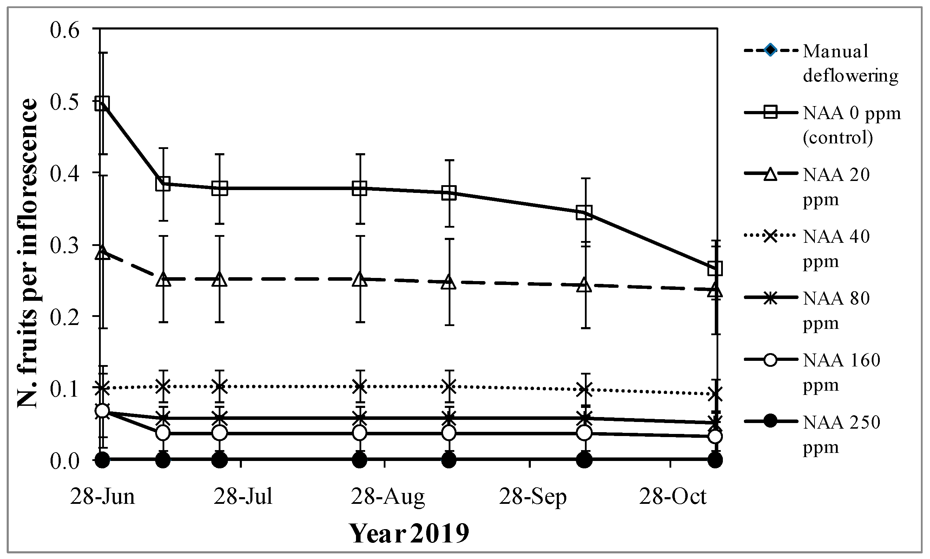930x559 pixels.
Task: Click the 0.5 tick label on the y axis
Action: (65, 103)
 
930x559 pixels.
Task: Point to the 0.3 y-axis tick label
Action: (65, 246)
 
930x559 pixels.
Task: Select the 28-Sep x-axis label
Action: (533, 496)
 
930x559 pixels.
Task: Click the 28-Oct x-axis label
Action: (673, 496)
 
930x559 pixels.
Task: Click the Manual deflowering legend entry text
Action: (850, 63)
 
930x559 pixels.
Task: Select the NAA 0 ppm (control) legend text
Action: (851, 125)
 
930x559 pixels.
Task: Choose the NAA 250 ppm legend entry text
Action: (842, 434)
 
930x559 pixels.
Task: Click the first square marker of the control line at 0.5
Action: (102, 103)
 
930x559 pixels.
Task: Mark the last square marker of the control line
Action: (715, 269)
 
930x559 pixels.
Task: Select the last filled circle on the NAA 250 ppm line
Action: (715, 460)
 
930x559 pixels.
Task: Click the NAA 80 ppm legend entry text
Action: (836, 311)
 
